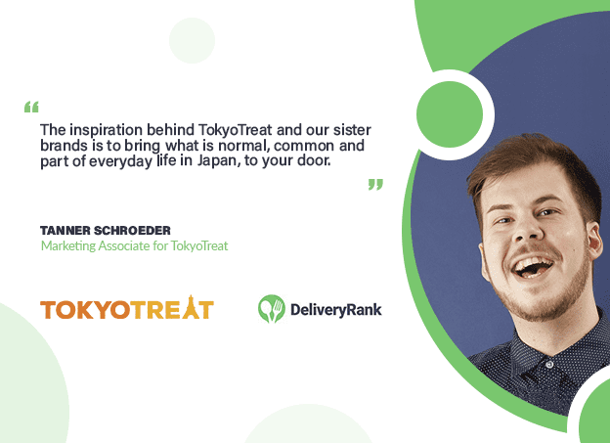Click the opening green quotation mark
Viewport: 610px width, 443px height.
coord(31,107)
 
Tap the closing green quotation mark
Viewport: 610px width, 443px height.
coord(375,185)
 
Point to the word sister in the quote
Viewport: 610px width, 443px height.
coord(352,130)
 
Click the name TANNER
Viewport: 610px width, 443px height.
coord(65,231)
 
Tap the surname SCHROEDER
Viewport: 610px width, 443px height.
coord(132,231)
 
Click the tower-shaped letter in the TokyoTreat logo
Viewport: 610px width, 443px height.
coord(191,307)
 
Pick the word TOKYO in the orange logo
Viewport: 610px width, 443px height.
coord(85,310)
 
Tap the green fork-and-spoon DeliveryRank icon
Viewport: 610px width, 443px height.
coord(272,309)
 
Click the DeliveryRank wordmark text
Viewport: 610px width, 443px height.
coord(336,310)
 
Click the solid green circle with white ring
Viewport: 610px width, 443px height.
coord(450,114)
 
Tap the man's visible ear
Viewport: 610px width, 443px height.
coord(593,241)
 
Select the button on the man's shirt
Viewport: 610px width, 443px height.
coord(549,365)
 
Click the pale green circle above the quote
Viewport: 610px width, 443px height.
coord(193,40)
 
